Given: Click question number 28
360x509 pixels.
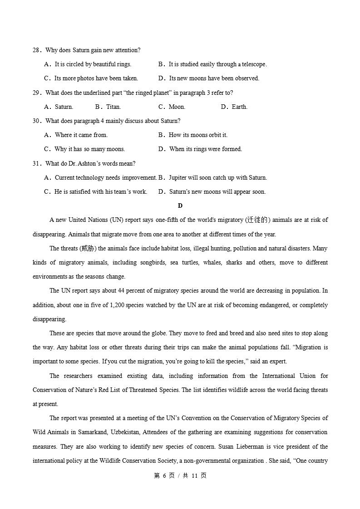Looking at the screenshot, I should tap(36, 50).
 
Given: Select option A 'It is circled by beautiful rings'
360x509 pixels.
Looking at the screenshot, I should tap(93, 64).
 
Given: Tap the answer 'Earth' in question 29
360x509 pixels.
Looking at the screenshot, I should tap(239, 107).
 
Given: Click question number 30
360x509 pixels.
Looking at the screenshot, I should tap(36, 121).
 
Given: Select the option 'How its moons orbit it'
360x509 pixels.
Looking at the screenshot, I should tap(198, 135).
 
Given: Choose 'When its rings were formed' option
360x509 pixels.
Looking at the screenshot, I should tap(205, 149).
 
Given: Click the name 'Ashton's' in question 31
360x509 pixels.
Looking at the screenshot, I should tap(94, 164).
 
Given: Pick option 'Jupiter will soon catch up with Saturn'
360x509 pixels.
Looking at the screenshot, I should tap(217, 178).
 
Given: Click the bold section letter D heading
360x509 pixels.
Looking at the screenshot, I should tap(180, 206).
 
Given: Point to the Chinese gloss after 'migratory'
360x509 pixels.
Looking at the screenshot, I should tap(257, 220).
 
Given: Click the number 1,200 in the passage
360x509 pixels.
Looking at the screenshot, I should tap(118, 305).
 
